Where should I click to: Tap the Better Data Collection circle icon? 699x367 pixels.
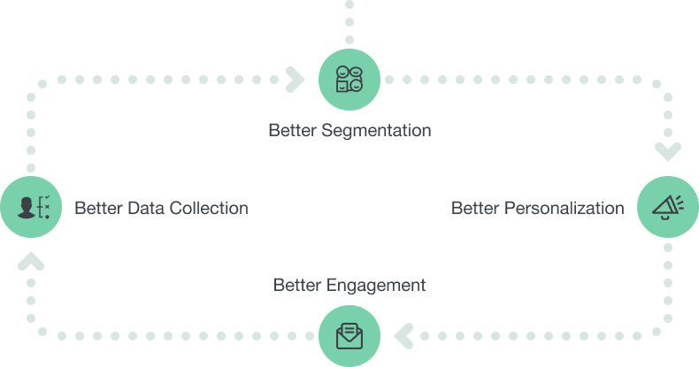click(x=31, y=208)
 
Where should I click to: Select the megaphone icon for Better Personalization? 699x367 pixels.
click(x=667, y=208)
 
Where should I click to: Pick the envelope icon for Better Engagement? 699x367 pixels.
click(x=349, y=335)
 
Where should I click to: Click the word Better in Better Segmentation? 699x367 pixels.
click(x=291, y=131)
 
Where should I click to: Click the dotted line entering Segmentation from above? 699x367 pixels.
click(x=349, y=22)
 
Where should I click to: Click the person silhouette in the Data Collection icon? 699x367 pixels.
click(x=26, y=208)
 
